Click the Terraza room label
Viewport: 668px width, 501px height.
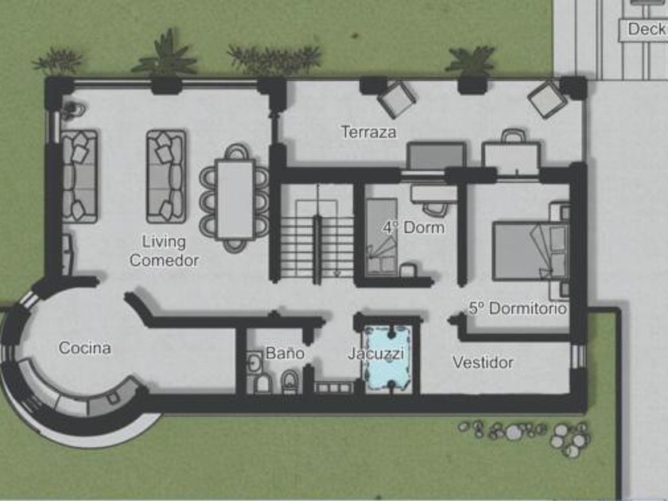(x=369, y=132)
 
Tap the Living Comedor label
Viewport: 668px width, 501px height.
(x=164, y=251)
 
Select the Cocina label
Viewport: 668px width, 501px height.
(x=85, y=348)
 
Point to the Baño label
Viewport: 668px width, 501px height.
(x=285, y=353)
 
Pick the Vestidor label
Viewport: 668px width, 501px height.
(x=483, y=363)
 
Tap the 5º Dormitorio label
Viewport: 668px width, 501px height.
(x=518, y=308)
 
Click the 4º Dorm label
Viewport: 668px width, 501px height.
(x=414, y=227)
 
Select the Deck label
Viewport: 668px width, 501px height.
(x=647, y=29)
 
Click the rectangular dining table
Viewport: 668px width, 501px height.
(x=235, y=199)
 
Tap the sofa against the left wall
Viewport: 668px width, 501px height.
(x=80, y=176)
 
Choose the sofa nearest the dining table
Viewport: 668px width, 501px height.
(x=166, y=177)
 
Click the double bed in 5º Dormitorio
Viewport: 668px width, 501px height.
(x=531, y=251)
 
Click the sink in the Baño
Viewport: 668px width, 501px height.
(x=254, y=363)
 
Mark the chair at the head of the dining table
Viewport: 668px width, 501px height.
(x=236, y=151)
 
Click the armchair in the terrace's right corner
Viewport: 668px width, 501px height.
(x=548, y=99)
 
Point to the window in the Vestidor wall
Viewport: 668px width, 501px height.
(x=578, y=356)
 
